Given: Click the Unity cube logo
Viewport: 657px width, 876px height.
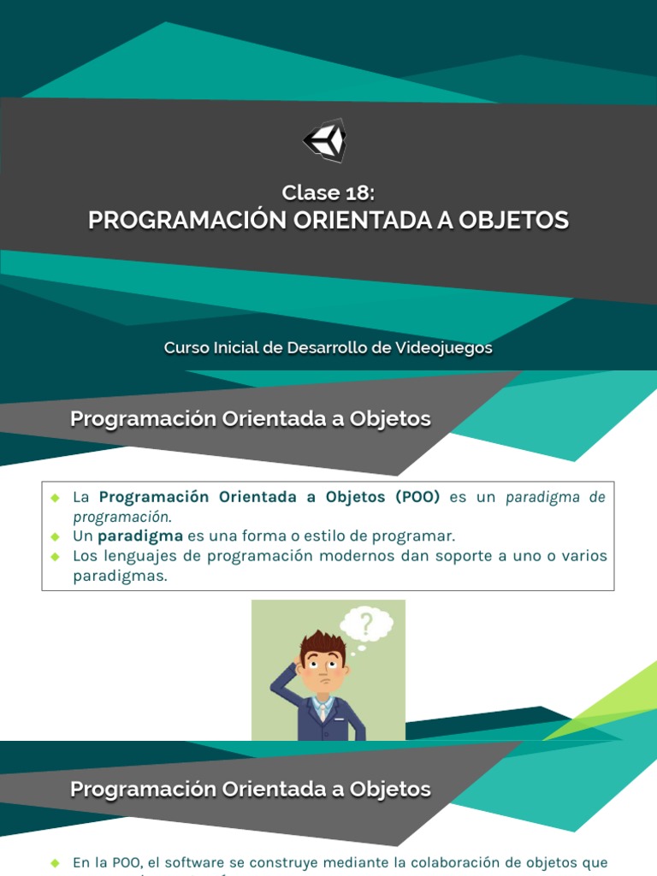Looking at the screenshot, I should (x=326, y=140).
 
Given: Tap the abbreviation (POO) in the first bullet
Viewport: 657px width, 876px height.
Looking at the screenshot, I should (x=417, y=497).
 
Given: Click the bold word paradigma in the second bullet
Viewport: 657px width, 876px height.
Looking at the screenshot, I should (x=140, y=536).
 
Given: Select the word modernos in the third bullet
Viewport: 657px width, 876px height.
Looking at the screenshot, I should (x=417, y=556).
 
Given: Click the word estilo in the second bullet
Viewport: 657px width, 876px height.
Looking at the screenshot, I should (x=312, y=536).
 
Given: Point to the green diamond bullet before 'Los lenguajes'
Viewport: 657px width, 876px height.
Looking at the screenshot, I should (x=55, y=556).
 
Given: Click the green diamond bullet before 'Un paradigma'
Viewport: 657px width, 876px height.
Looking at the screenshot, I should (x=55, y=536).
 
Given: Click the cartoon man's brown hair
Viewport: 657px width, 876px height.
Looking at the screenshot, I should (x=323, y=643).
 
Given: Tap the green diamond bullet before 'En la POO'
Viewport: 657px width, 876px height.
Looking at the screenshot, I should (x=55, y=862).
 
